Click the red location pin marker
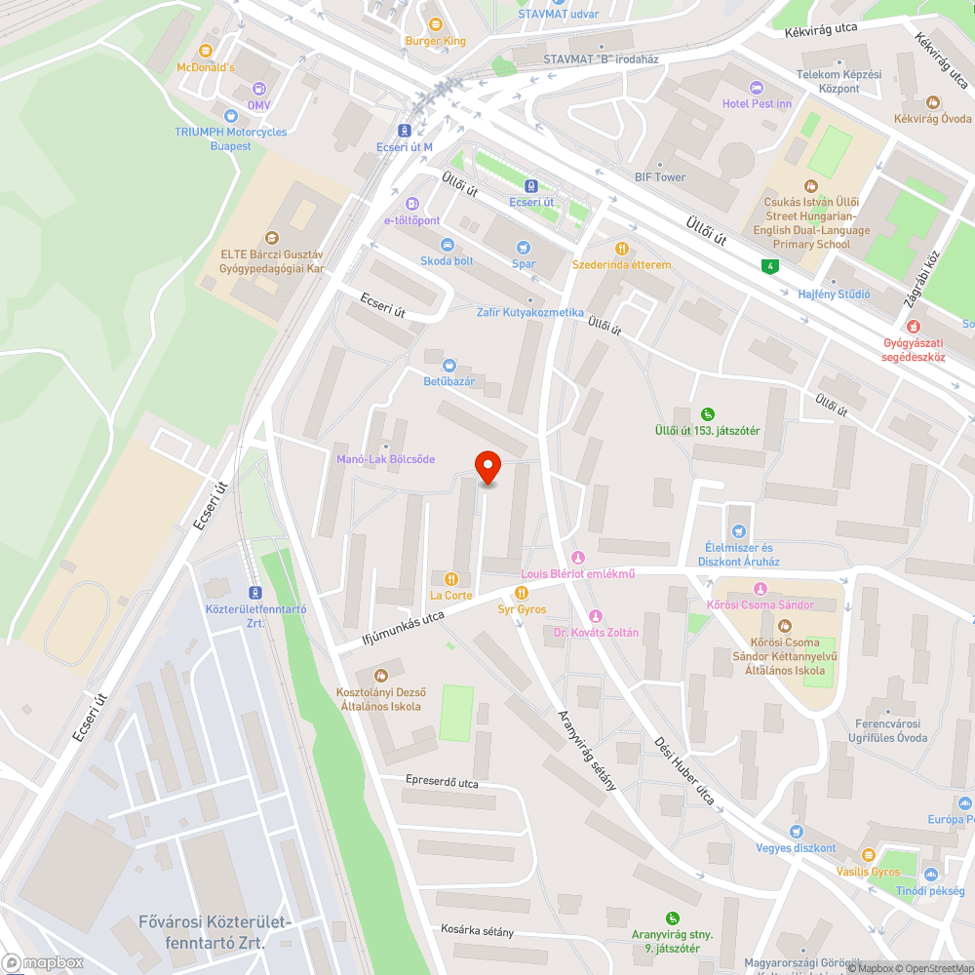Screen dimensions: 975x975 point(487,467)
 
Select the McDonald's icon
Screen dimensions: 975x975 point(206,51)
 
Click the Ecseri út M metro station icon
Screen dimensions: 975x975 point(405,131)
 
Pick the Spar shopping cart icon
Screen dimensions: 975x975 point(524,247)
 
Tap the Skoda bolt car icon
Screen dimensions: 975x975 point(448,245)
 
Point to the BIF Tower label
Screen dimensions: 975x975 point(660,177)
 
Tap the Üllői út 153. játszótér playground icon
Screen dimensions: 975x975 point(708,413)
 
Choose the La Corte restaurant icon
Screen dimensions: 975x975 point(450,578)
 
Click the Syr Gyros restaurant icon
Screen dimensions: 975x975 point(522,593)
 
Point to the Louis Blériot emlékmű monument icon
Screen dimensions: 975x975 point(578,557)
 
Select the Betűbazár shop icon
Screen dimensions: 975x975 point(448,365)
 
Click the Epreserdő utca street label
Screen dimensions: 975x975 point(443,782)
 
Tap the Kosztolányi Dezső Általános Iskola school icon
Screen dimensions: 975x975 point(379,675)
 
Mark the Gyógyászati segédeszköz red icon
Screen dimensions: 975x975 point(914,326)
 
